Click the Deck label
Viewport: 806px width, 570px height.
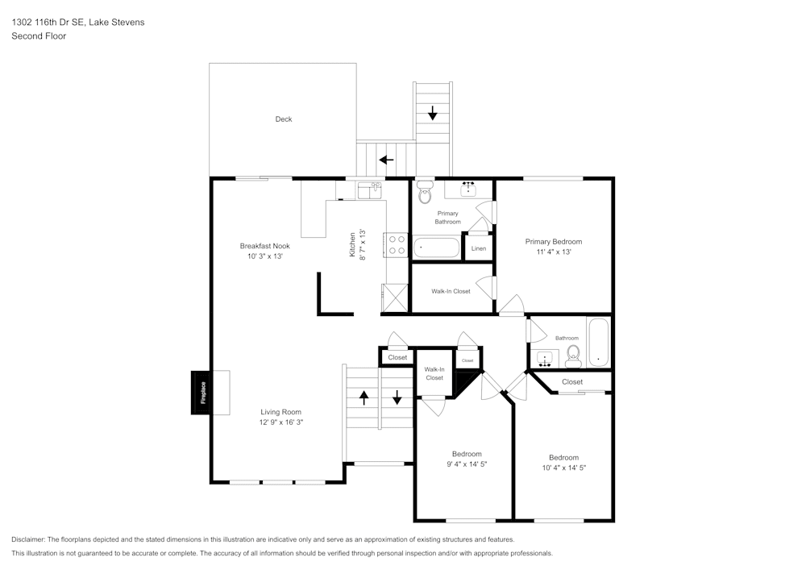284,119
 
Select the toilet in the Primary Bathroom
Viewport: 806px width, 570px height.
425,194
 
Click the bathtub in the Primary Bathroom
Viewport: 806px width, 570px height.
436,246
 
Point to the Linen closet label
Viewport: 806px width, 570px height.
479,248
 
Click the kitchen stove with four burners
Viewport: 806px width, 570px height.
396,244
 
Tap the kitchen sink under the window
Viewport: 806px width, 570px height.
369,191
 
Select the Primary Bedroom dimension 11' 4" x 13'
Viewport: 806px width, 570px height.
553,252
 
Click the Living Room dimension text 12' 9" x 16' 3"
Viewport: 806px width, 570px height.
280,422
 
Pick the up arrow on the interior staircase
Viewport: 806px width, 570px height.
364,397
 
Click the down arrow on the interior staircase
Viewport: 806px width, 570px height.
397,397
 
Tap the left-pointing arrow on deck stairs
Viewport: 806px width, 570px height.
387,160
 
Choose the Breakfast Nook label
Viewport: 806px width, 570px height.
264,246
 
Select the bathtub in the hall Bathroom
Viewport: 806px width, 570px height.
598,343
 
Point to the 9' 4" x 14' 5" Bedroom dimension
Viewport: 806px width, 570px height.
467,464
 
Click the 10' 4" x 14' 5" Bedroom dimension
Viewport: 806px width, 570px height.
563,468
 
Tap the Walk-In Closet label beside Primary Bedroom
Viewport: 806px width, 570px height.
451,291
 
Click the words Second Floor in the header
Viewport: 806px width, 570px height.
39,36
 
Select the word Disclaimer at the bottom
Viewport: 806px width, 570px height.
28,539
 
